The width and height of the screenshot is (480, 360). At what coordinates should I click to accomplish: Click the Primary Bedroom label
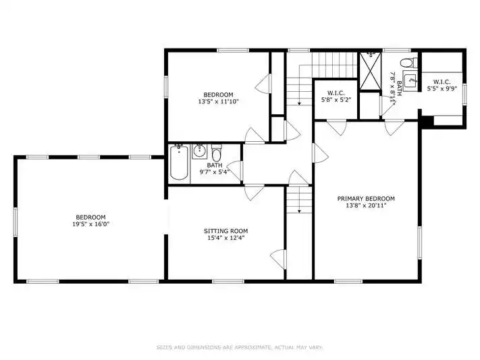(x=366, y=199)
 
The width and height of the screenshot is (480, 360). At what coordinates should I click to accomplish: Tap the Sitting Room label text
(x=226, y=231)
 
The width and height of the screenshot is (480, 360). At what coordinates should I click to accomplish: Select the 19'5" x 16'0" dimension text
(x=90, y=224)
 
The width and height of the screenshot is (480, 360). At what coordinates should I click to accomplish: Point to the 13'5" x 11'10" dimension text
(x=218, y=101)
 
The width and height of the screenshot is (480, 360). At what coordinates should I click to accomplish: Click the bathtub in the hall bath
(x=179, y=162)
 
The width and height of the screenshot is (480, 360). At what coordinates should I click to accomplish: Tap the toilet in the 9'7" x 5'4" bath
(x=217, y=154)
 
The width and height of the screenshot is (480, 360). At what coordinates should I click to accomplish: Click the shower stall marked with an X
(x=371, y=71)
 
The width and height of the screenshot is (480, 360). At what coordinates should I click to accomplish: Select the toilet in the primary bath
(x=408, y=63)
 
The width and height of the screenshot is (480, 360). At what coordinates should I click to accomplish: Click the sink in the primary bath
(x=410, y=81)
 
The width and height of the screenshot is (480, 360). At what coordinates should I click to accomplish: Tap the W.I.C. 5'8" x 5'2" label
(x=336, y=96)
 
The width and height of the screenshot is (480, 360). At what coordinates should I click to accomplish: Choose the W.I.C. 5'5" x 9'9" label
(x=442, y=85)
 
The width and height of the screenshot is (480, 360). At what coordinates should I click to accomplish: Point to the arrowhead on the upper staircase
(x=299, y=103)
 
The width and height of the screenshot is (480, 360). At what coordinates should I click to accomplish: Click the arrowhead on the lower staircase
(x=299, y=211)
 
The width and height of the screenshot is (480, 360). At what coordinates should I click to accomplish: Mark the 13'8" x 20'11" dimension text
(x=366, y=205)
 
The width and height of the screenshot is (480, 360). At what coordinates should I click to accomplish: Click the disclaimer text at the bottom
(x=240, y=347)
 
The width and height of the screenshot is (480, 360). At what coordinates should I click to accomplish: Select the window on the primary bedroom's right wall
(x=419, y=243)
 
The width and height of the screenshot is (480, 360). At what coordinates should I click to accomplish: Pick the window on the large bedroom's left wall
(x=16, y=222)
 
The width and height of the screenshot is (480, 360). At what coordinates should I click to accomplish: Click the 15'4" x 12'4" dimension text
(x=226, y=238)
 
